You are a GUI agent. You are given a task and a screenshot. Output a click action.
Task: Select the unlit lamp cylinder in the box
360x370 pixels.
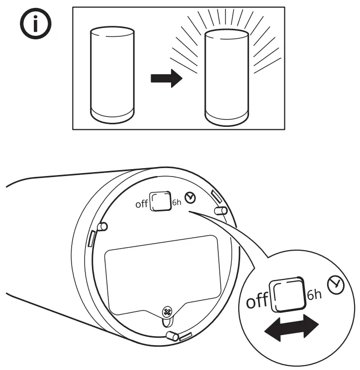click(x=112, y=75)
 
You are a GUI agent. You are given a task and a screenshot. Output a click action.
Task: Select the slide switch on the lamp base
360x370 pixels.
click(x=160, y=201)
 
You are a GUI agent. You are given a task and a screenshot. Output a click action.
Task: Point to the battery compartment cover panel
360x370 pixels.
click(x=162, y=274)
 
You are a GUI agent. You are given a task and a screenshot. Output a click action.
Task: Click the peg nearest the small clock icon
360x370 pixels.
click(x=219, y=210)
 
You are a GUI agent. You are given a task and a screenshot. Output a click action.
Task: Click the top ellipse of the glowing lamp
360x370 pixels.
click(x=227, y=36)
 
